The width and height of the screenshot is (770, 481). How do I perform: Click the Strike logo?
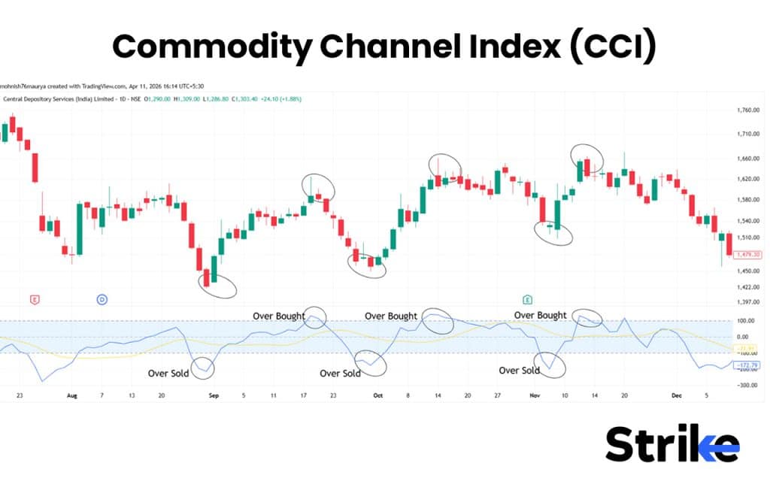click(672, 443)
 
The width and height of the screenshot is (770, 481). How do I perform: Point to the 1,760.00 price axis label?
click(748, 110)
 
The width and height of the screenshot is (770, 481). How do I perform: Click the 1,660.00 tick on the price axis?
click(748, 159)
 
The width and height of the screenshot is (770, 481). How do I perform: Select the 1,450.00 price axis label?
click(748, 271)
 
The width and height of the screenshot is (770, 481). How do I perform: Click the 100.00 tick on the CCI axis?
click(746, 321)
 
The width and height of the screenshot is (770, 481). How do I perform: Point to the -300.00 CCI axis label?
click(747, 385)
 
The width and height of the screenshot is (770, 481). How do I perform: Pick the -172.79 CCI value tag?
click(746, 364)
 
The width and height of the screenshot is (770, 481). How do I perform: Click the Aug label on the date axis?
click(72, 395)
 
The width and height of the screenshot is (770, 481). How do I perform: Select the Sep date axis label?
click(213, 395)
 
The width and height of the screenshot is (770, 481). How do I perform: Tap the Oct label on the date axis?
click(378, 395)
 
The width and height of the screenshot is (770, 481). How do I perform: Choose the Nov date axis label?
click(535, 395)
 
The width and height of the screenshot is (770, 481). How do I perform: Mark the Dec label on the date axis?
click(677, 395)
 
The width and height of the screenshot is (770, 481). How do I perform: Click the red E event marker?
click(34, 299)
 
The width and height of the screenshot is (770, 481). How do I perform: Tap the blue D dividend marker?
click(102, 299)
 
